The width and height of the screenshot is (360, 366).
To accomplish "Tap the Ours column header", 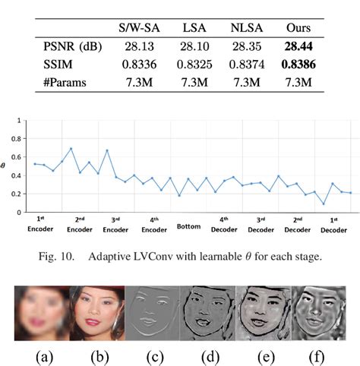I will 302,28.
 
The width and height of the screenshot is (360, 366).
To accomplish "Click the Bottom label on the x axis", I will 188,226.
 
